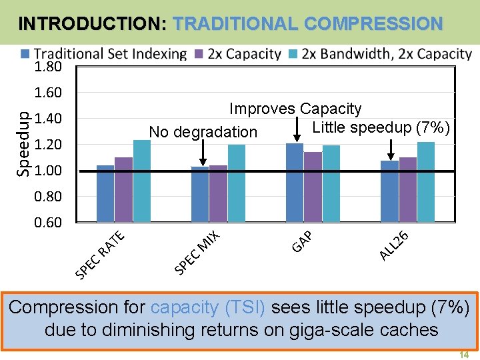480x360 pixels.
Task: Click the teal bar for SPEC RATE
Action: point(142,180)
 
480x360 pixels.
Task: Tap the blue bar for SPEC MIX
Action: point(199,193)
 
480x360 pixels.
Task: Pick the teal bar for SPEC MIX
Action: point(237,183)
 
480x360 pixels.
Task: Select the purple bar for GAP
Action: point(313,186)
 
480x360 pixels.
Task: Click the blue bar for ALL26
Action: point(389,191)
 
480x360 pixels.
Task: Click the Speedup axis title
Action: point(23,143)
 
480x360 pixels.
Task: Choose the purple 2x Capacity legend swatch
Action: point(199,53)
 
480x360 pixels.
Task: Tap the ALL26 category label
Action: point(393,244)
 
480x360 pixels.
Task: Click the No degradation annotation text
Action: point(203,132)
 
